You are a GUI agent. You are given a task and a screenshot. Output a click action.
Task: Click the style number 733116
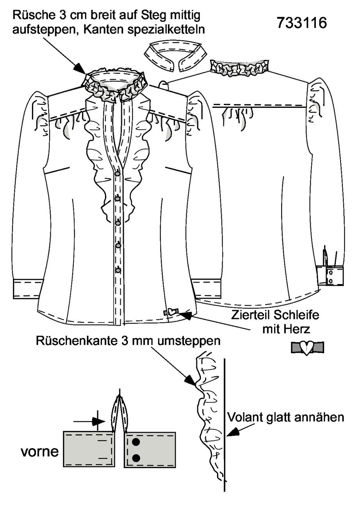coord(302,23)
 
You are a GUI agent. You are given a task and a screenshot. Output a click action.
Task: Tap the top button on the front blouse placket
coord(118,174)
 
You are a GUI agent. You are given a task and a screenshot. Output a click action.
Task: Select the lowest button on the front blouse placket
coord(118,270)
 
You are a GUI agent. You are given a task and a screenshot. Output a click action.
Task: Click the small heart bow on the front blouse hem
coord(171,312)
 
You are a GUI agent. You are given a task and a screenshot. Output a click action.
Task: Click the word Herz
coord(298,329)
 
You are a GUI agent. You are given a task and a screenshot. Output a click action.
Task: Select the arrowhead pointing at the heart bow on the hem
coord(185,315)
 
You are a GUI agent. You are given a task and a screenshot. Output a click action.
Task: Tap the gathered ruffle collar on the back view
coord(239,68)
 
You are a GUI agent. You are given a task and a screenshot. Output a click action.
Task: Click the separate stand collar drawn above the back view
coord(176,55)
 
